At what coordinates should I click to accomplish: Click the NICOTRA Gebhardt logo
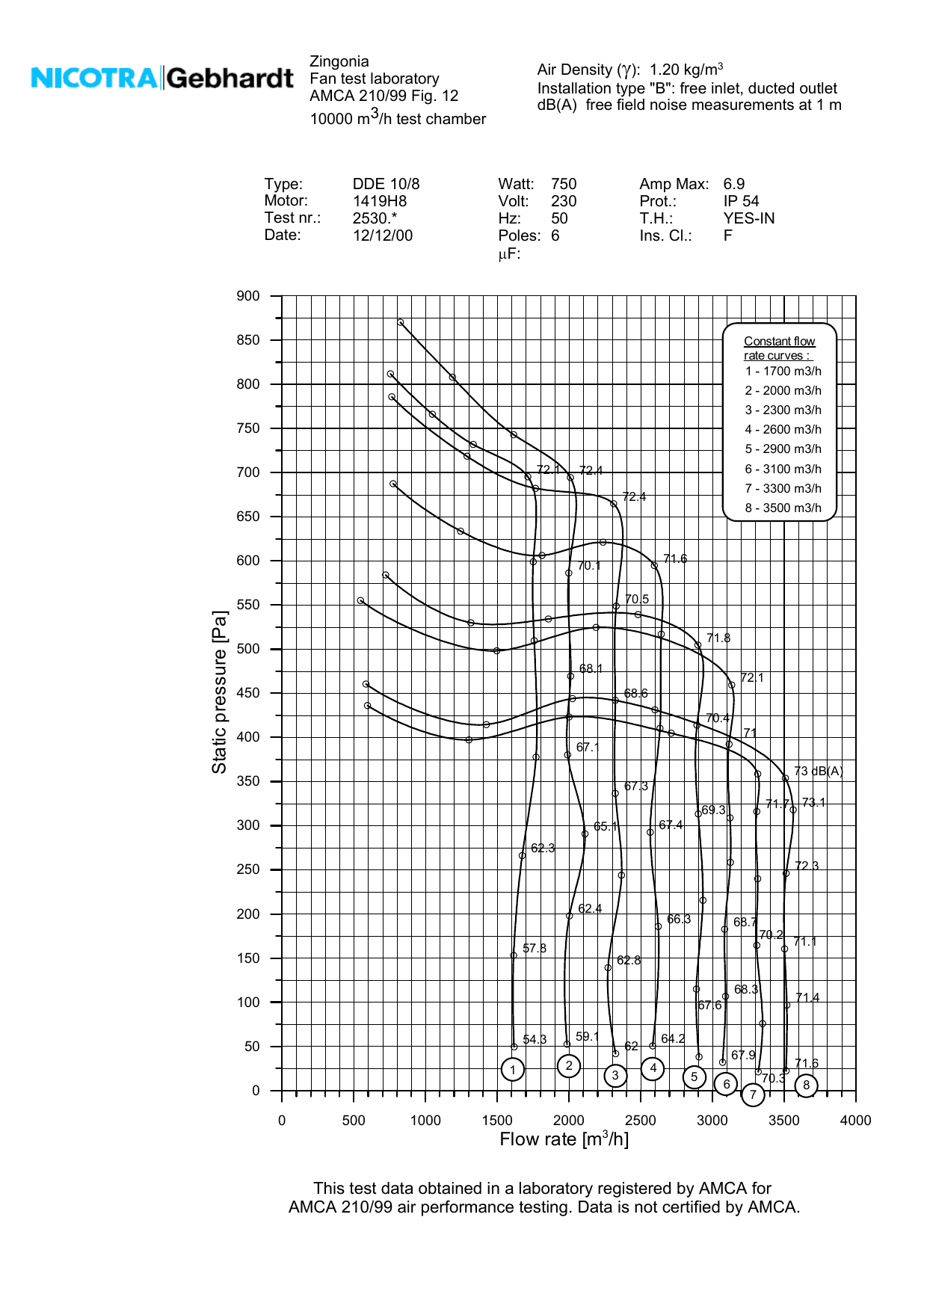pos(162,78)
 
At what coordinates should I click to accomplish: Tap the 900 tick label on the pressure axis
pos(248,296)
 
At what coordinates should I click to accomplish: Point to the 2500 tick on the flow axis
pos(641,1120)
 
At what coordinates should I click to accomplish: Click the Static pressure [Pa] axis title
pos(219,692)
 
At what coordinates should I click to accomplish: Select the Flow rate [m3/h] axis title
pos(564,1139)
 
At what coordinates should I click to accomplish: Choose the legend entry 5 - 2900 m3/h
pos(783,449)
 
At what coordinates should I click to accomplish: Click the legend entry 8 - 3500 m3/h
pos(783,508)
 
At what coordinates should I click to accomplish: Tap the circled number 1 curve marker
pos(513,1070)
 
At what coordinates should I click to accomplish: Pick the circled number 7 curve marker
pos(753,1095)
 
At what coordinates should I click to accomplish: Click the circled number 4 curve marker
pos(653,1068)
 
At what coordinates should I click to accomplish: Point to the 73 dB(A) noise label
pos(818,772)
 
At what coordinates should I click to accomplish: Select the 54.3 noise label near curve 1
pos(535,1040)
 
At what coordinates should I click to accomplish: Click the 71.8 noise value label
pos(718,638)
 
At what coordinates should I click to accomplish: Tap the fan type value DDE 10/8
pos(386,185)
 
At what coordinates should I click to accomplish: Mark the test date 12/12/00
pos(383,236)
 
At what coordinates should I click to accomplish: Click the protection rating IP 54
pos(741,202)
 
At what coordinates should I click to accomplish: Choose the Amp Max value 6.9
pos(733,185)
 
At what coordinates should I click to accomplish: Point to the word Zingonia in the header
pos(339,62)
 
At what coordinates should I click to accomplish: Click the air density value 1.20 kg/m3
pos(686,70)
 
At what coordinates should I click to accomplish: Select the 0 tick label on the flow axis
pos(282,1120)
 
